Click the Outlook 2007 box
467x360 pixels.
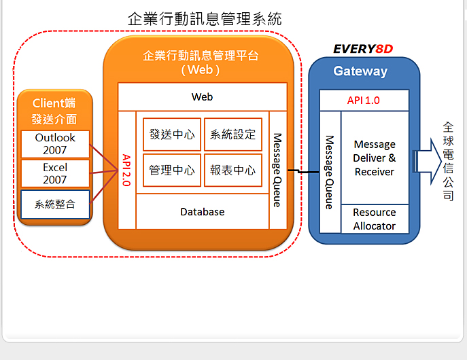[55, 144]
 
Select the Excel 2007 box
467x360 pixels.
[55, 173]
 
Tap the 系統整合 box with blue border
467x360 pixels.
[55, 204]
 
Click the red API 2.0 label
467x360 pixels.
[126, 170]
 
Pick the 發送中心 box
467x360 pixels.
[172, 134]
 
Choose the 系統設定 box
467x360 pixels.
[233, 134]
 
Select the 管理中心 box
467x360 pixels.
[172, 170]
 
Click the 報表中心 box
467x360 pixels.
[233, 170]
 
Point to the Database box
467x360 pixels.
[203, 211]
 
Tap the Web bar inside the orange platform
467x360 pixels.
[203, 97]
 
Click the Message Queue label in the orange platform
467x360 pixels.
[277, 170]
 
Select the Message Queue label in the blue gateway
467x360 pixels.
[330, 173]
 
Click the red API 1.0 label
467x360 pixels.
[364, 101]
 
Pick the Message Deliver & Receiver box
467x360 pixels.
[375, 158]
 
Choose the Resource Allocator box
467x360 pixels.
[375, 219]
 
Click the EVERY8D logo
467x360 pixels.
[364, 49]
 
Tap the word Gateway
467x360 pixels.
[360, 71]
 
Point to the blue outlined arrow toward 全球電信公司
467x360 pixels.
[427, 162]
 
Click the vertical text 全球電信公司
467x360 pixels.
[448, 162]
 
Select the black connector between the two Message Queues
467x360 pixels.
[303, 171]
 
